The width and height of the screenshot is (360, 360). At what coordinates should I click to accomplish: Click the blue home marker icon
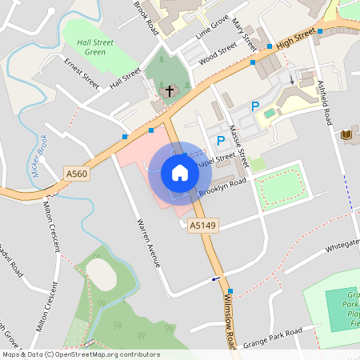point(180,172)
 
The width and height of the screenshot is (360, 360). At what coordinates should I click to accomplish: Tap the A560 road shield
point(77,173)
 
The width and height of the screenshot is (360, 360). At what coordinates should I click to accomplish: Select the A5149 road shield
point(202,226)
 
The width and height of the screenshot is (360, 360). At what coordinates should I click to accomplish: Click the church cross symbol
point(169,92)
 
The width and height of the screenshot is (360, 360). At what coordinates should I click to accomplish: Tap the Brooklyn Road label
point(223,186)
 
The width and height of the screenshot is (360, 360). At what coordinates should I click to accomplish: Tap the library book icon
point(346,135)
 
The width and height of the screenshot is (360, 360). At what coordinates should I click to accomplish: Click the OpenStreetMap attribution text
point(80,354)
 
